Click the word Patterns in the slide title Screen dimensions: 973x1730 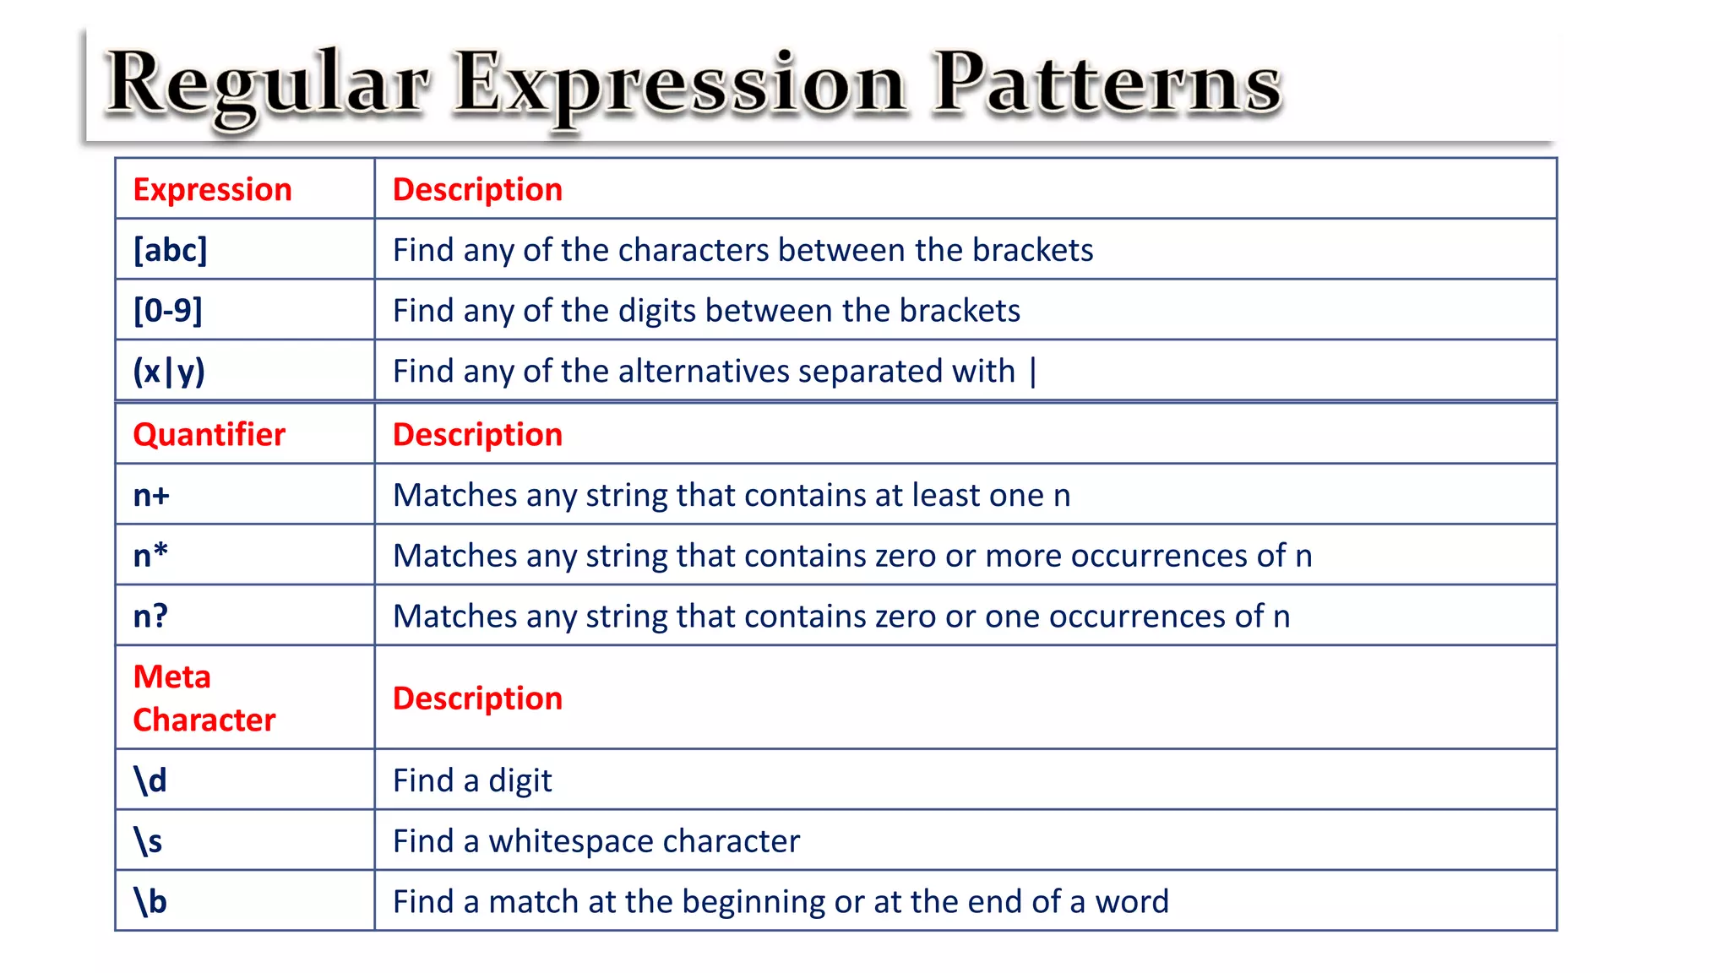[1107, 84]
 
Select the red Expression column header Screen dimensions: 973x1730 [212, 189]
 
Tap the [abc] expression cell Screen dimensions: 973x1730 [170, 250]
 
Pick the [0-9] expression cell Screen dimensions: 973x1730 [168, 311]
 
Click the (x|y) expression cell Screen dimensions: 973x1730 [169, 372]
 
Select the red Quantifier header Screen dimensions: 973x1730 [209, 434]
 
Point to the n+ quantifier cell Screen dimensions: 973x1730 [151, 495]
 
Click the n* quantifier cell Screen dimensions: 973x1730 [150, 556]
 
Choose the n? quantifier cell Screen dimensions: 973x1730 [150, 617]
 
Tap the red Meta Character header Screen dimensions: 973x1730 [204, 698]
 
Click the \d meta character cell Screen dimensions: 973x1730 [150, 780]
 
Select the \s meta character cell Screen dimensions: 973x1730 [148, 841]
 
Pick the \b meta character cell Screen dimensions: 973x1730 [150, 902]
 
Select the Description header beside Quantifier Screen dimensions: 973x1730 [477, 434]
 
